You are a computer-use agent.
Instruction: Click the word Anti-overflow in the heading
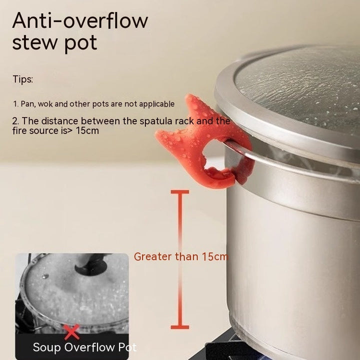coord(80,20)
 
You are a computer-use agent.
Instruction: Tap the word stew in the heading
coord(35,42)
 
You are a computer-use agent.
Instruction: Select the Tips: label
coord(22,79)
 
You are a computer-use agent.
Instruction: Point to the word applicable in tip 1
coord(157,104)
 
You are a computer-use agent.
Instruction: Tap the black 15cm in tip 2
coord(87,130)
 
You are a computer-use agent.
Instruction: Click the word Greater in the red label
coord(153,256)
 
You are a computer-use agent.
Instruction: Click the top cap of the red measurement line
coord(180,192)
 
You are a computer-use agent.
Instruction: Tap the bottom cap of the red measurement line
coord(180,327)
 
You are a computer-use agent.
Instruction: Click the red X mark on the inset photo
coord(72,332)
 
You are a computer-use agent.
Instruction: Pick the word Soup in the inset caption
coord(47,347)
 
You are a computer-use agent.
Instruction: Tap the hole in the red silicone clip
coord(214,156)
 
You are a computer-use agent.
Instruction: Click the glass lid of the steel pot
coord(298,89)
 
